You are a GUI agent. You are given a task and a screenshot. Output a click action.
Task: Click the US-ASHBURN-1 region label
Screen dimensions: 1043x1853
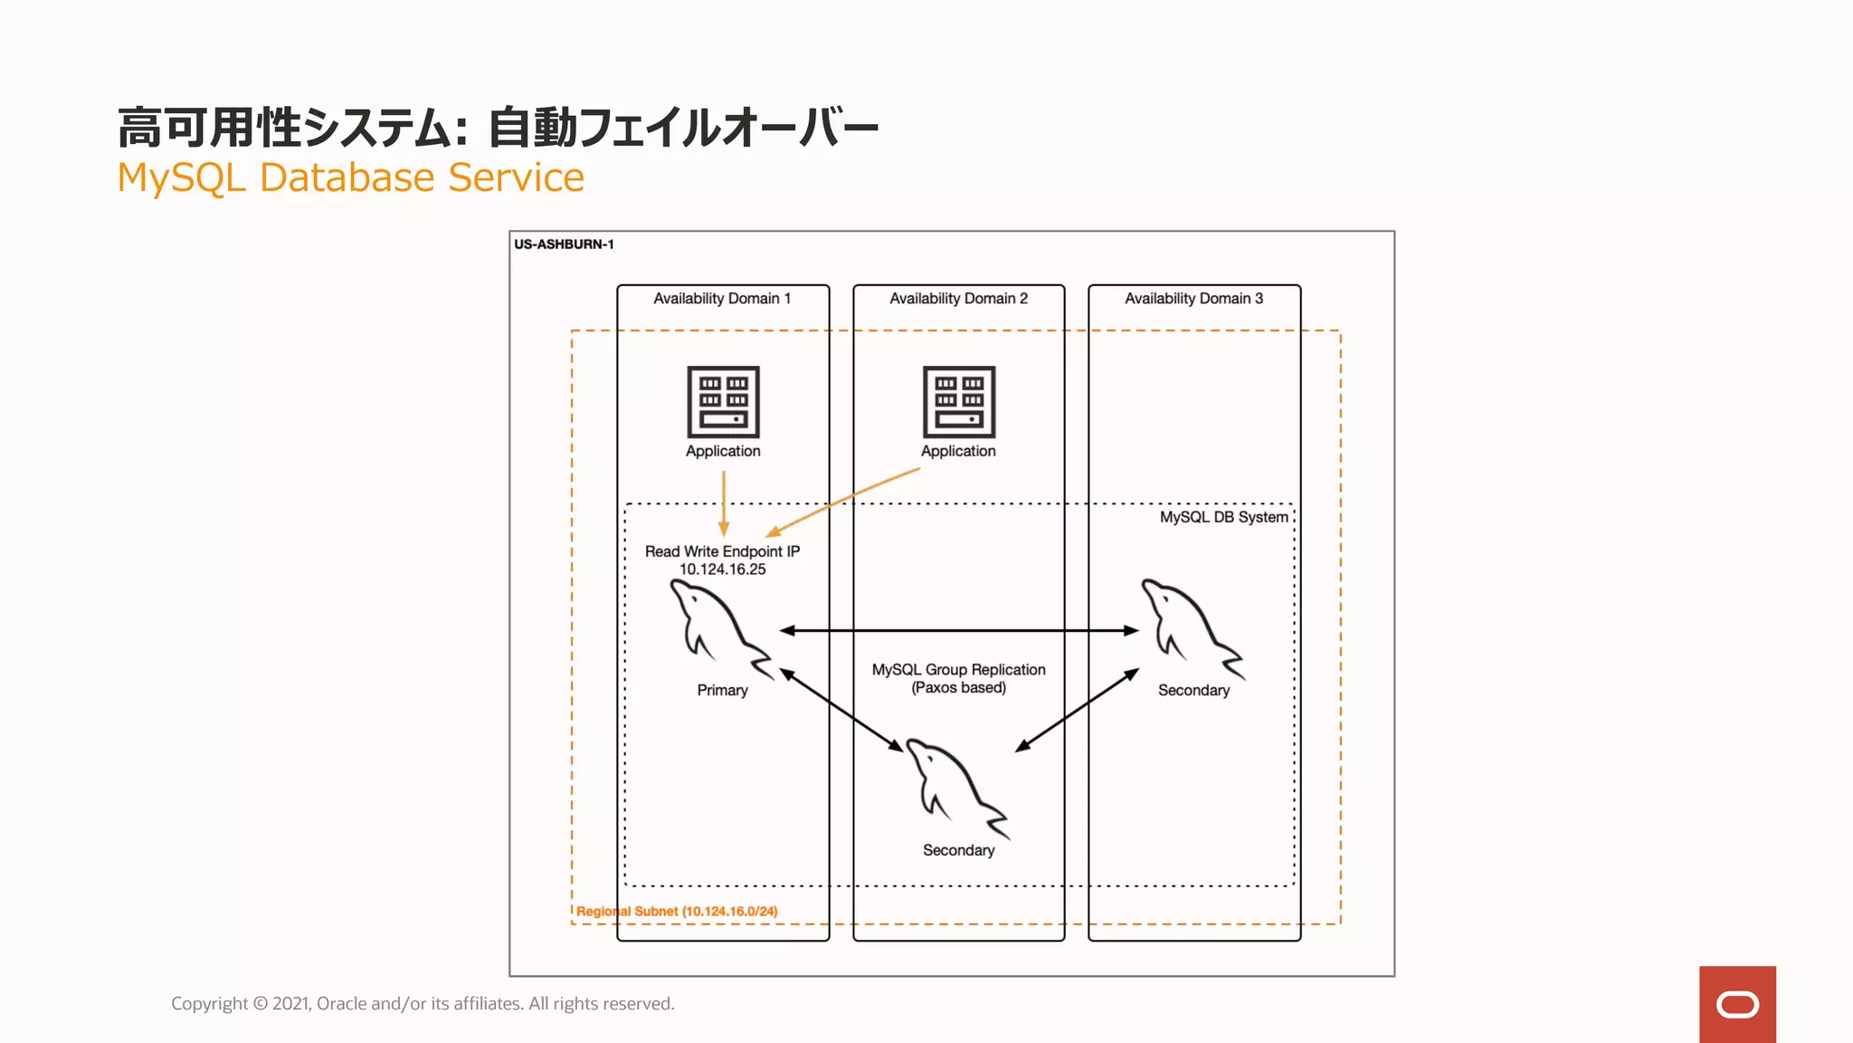tap(564, 244)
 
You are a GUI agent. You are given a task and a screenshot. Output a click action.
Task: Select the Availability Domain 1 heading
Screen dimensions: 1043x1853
tap(722, 299)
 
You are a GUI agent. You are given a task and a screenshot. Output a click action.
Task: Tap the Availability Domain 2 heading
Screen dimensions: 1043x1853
tap(958, 299)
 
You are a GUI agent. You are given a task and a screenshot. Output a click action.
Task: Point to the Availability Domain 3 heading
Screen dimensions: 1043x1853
tap(1193, 299)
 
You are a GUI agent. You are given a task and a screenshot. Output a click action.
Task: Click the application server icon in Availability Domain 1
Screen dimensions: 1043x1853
tap(723, 402)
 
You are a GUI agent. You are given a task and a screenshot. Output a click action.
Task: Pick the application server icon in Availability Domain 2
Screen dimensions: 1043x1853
tap(959, 402)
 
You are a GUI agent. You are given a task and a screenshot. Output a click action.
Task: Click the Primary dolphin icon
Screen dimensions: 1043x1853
tap(718, 627)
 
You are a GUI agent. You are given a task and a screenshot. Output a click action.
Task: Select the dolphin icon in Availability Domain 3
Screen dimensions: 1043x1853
tap(1190, 627)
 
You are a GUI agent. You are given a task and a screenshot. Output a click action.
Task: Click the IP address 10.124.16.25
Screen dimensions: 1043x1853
tap(722, 569)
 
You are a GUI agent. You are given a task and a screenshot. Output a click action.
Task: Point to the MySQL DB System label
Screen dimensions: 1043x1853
tap(1223, 517)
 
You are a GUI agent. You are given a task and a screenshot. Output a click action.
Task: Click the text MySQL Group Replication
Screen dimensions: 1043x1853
tap(958, 670)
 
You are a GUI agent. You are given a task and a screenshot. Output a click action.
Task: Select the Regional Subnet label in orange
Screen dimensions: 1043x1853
tap(677, 912)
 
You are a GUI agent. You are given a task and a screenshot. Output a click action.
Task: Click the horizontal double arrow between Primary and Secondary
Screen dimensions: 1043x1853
tap(959, 630)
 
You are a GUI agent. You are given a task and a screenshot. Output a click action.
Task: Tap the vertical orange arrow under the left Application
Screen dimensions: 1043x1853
tap(724, 502)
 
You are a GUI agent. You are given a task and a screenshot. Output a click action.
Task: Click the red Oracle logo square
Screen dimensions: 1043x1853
tap(1737, 1004)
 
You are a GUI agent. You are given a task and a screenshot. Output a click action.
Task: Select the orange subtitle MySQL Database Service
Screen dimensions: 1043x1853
tap(351, 177)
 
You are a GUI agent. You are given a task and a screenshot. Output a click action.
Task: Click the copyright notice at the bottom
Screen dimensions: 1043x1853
tap(423, 1003)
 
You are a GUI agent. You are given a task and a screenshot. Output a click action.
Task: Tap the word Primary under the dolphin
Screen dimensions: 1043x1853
tap(722, 691)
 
